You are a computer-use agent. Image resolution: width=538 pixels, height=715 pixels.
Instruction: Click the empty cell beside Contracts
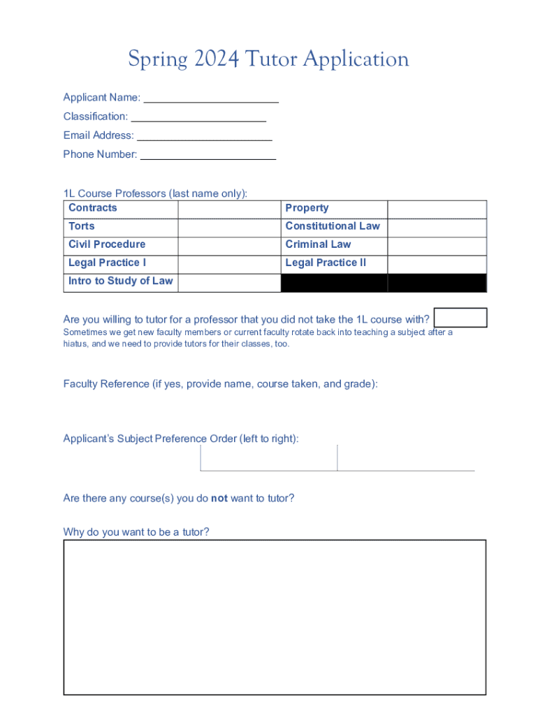[x=228, y=209]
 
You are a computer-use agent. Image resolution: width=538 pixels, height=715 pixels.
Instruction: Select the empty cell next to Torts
[x=228, y=227]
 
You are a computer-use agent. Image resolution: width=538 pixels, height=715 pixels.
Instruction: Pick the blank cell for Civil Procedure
[x=228, y=245]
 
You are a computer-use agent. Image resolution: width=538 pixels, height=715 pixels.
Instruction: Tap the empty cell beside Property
[x=437, y=209]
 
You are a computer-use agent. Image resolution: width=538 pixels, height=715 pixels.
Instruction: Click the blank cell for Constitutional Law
[x=437, y=227]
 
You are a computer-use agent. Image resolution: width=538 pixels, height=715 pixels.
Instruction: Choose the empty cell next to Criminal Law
[x=437, y=245]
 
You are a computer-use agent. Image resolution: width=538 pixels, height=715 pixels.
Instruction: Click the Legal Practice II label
[x=326, y=263]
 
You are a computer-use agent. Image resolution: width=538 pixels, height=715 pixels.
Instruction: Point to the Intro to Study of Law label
[x=120, y=281]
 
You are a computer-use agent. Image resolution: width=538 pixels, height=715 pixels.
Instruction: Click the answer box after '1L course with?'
[x=460, y=318]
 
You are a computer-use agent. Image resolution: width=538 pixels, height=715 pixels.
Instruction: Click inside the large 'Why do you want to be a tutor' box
[x=275, y=617]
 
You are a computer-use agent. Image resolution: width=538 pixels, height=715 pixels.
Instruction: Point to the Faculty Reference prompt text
[x=220, y=384]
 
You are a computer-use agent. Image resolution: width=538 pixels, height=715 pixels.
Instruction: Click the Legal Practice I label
[x=107, y=263]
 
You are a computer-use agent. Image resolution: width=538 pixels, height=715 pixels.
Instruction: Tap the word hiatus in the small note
[x=75, y=344]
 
